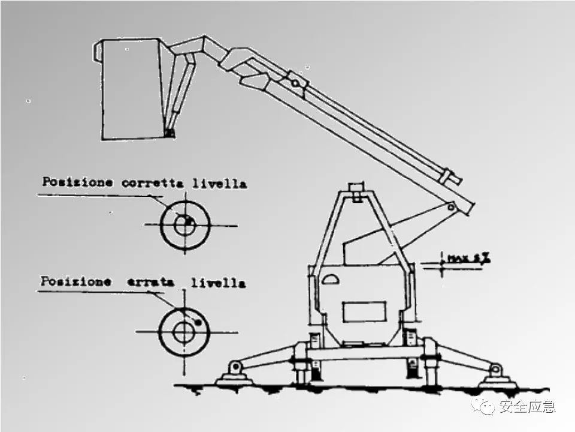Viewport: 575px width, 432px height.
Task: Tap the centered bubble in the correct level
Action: point(187,223)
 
